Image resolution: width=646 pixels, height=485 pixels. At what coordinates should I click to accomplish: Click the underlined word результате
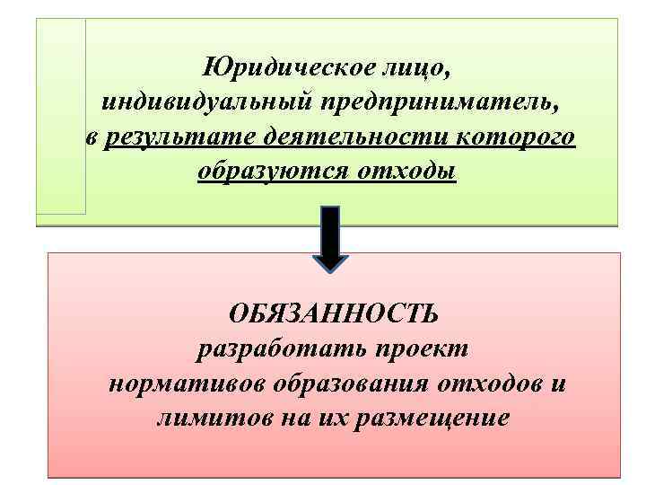click(x=181, y=137)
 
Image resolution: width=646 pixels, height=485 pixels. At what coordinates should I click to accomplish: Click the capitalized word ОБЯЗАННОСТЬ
click(x=334, y=315)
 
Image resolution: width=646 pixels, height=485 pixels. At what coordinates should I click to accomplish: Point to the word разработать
click(x=271, y=350)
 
